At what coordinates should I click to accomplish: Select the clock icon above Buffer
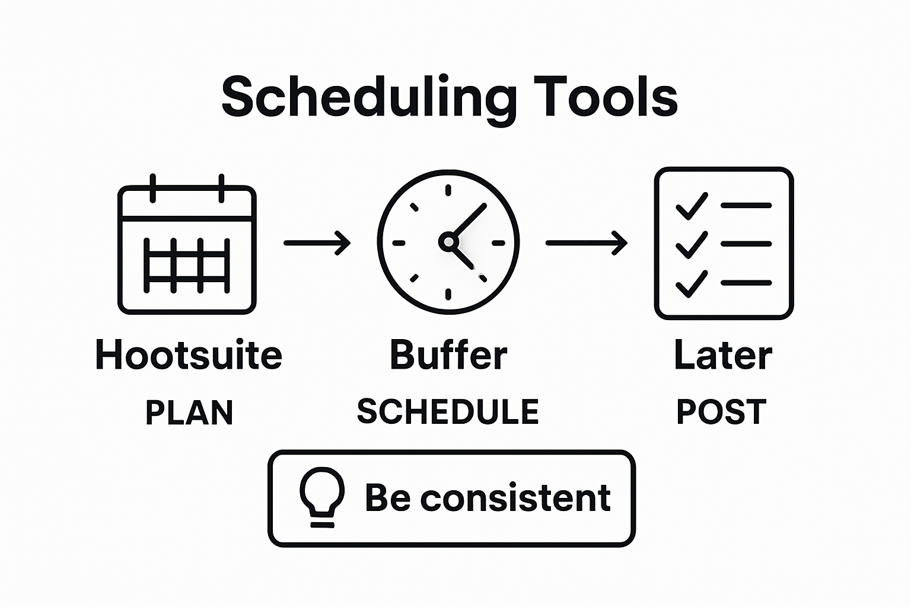[448, 242]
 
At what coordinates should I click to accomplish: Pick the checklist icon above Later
[724, 244]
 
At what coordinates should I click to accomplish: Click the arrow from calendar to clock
[317, 242]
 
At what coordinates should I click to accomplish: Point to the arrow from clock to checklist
[586, 242]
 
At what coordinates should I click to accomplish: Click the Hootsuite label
[189, 354]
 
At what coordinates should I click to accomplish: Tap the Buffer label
[448, 354]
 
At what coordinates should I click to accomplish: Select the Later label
[723, 354]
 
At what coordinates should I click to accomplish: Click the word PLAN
[189, 413]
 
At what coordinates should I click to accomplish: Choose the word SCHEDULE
[448, 411]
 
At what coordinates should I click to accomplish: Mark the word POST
[721, 411]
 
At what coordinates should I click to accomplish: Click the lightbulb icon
[322, 497]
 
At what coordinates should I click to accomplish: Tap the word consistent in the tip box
[515, 497]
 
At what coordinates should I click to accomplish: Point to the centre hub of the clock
[448, 241]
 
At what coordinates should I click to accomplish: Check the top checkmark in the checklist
[692, 206]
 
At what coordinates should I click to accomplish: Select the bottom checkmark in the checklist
[692, 283]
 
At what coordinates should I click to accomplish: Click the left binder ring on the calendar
[153, 188]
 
